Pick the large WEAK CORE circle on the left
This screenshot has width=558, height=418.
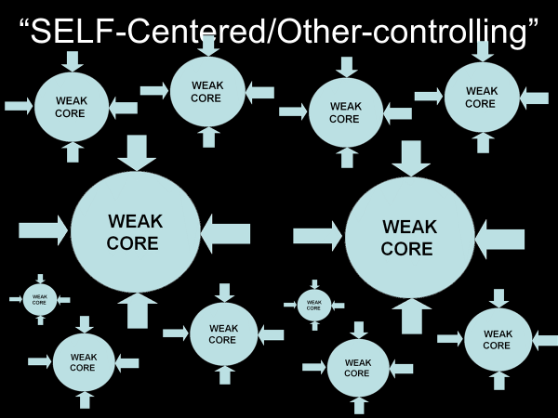[135, 232]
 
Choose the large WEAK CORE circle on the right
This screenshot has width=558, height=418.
[408, 238]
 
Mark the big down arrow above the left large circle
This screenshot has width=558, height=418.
[138, 151]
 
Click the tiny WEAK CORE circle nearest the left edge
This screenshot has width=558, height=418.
[39, 299]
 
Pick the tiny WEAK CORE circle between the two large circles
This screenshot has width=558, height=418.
[313, 305]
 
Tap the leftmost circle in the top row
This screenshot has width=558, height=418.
[72, 107]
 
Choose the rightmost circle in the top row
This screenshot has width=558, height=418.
[481, 97]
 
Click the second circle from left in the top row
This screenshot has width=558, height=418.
[207, 91]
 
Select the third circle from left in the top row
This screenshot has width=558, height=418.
[344, 112]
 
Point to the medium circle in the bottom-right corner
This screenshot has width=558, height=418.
[498, 339]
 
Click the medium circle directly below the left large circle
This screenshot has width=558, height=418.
[223, 333]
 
